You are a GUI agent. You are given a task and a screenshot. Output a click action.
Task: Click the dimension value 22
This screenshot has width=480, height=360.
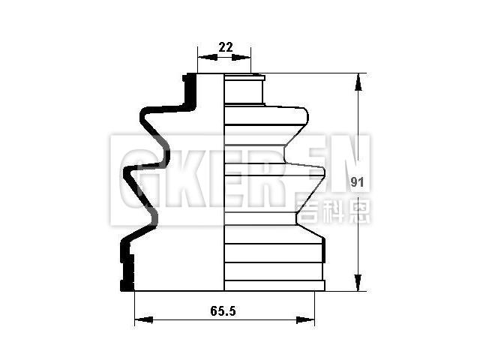point(225,46)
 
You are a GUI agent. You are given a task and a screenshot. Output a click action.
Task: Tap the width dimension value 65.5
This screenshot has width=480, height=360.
point(224,310)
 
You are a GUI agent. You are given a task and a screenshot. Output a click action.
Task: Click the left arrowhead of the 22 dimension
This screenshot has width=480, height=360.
point(201,58)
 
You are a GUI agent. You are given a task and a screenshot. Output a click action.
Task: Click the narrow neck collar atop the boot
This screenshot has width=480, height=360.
point(244,90)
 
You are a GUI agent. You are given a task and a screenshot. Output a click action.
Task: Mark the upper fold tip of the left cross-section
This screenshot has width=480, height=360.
point(143,116)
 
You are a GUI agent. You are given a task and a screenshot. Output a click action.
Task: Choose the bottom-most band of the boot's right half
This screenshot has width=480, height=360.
point(274,286)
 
